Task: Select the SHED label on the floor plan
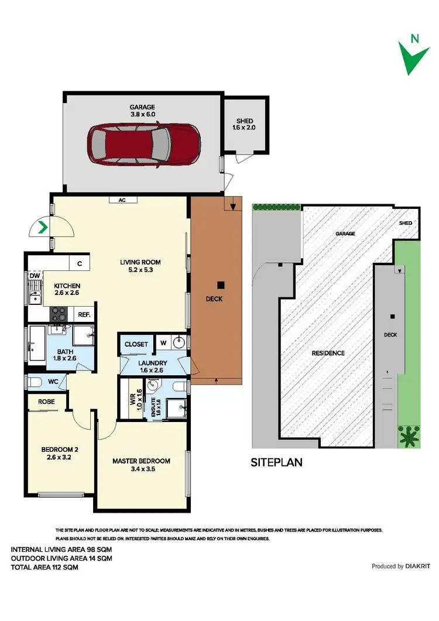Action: point(245,121)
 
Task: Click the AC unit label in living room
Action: point(122,200)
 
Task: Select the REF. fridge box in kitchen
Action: point(84,314)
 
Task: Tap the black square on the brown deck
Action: point(221,285)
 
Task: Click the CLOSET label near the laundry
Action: point(136,344)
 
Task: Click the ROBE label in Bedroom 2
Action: point(46,402)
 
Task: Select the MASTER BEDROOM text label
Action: point(141,461)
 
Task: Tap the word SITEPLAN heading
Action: point(276,462)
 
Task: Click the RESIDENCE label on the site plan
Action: point(328,353)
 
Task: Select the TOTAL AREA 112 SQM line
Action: point(44,567)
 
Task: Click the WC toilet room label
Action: point(53,382)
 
